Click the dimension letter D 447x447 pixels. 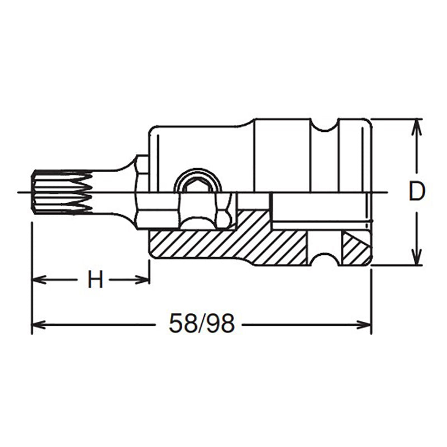416,192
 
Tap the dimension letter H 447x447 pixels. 96,279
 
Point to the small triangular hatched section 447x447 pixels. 353,247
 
